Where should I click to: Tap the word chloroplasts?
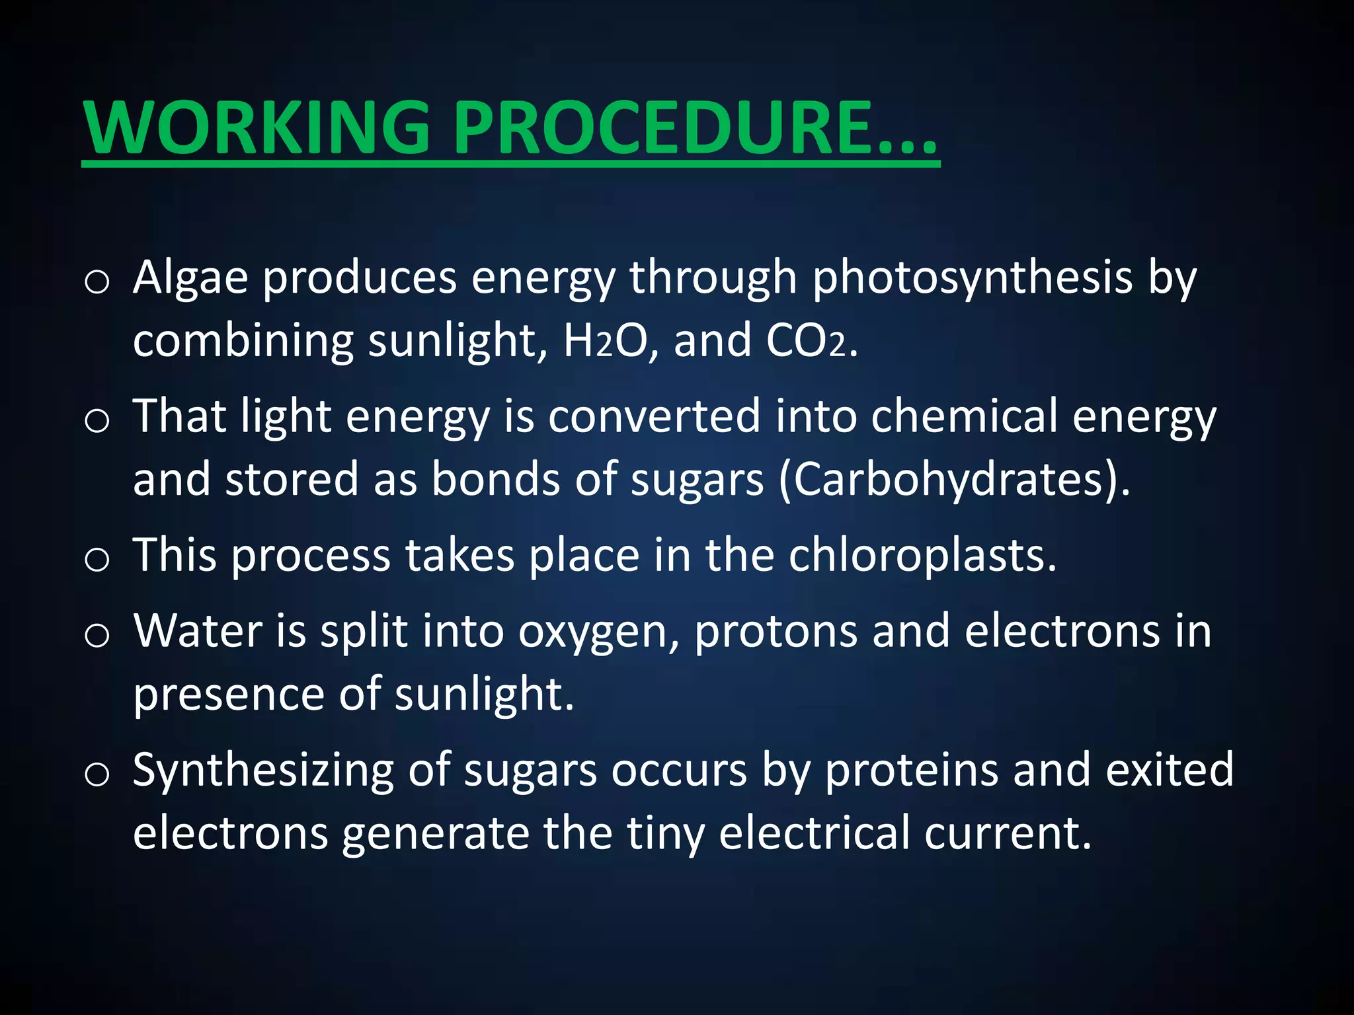coord(922,555)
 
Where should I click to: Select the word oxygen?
coord(598,632)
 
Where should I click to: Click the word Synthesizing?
coord(263,771)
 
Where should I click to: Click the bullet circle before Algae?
coord(97,282)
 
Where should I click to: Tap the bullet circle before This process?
coord(97,560)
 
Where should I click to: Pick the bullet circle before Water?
coord(97,636)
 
